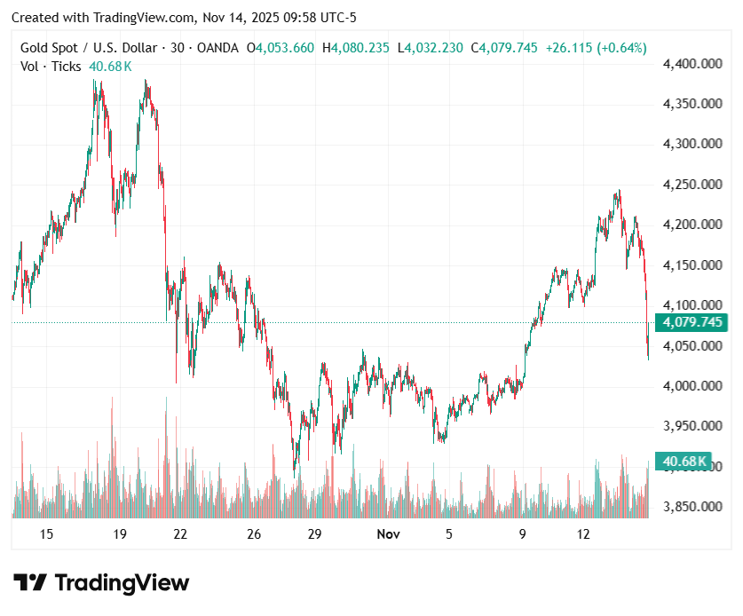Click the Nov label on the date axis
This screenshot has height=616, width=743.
pyautogui.click(x=388, y=534)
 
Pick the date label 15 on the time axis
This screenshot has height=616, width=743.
pyautogui.click(x=47, y=534)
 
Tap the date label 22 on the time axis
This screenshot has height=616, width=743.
pyautogui.click(x=180, y=534)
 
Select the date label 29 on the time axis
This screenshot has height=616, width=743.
pyautogui.click(x=314, y=534)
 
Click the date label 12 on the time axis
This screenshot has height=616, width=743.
pyautogui.click(x=583, y=534)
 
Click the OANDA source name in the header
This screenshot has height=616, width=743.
pyautogui.click(x=214, y=48)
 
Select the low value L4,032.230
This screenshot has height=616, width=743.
pyautogui.click(x=430, y=48)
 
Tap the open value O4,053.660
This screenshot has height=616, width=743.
pyautogui.click(x=280, y=48)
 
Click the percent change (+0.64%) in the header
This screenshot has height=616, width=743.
pyautogui.click(x=620, y=48)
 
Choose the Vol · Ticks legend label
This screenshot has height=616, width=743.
pyautogui.click(x=51, y=67)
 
